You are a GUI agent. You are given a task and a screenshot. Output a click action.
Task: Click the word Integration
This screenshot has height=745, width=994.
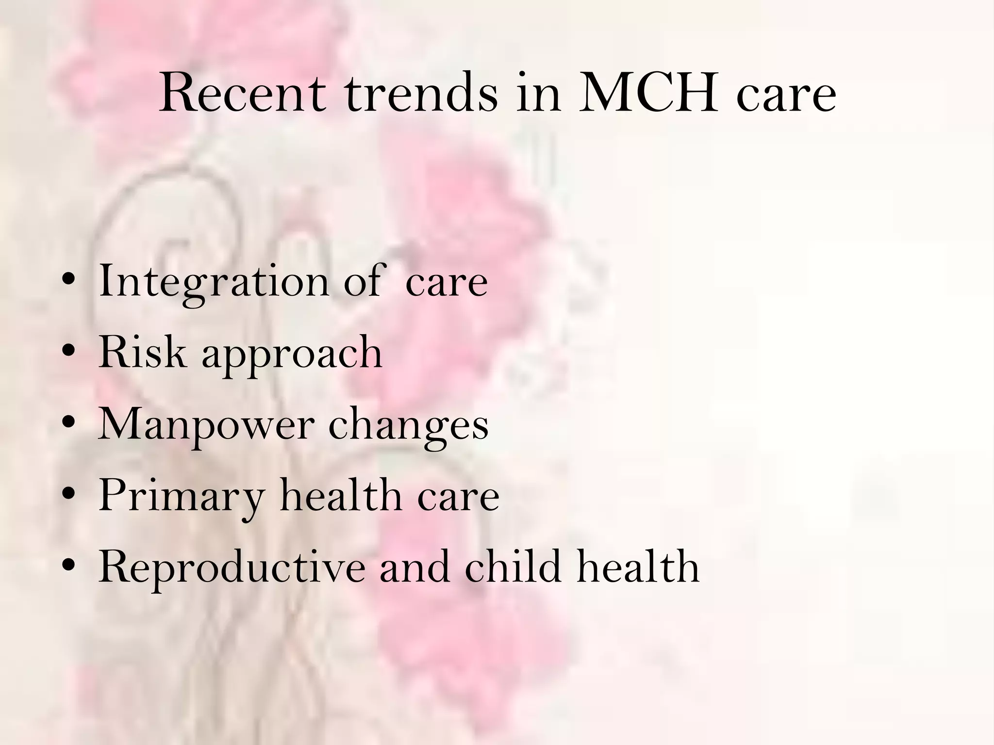pyautogui.click(x=214, y=281)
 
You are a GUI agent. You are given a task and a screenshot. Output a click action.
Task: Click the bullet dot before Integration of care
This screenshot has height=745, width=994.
pyautogui.click(x=69, y=282)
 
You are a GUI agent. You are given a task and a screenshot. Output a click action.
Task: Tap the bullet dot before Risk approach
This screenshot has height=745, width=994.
pyautogui.click(x=69, y=353)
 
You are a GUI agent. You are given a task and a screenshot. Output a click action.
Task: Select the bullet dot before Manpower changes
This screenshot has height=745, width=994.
pyautogui.click(x=69, y=424)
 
